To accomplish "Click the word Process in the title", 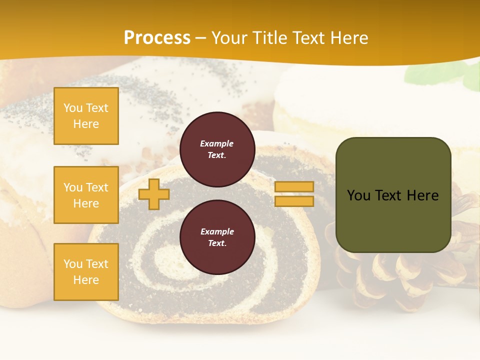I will (157, 38).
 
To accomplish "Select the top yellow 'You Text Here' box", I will (86, 116).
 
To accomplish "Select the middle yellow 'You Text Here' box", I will (86, 195).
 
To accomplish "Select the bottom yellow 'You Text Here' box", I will (86, 272).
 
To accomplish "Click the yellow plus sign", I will (153, 194).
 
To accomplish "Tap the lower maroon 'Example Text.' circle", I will (217, 237).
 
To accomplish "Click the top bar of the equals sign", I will (294, 186).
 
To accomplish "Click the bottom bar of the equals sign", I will (294, 201).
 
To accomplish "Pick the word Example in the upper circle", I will (216, 143).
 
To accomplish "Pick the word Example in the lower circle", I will (216, 231).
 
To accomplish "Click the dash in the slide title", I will (201, 38).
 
